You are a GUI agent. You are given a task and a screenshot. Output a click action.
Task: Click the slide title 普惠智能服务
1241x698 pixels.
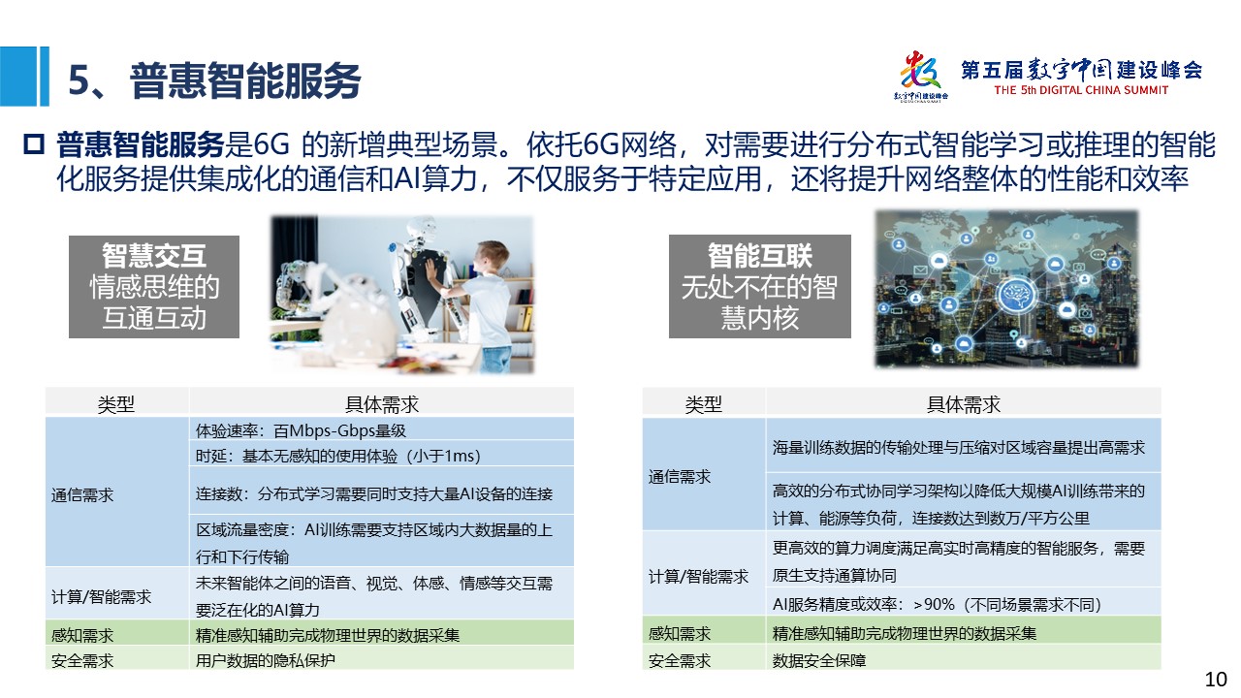click(245, 80)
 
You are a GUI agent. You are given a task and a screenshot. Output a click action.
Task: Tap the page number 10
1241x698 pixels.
click(1216, 680)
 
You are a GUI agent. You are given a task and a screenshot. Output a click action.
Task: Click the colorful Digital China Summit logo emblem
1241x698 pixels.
click(920, 72)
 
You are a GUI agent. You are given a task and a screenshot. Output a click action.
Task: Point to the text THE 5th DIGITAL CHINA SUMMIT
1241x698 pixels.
click(1081, 90)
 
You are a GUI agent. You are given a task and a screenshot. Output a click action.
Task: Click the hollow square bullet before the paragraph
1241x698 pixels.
click(34, 144)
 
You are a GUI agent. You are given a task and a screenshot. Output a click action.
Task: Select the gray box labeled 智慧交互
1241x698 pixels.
click(154, 286)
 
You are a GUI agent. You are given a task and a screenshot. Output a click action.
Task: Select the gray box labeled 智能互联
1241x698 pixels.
click(759, 286)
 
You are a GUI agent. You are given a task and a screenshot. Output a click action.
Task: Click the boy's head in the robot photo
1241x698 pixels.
click(492, 257)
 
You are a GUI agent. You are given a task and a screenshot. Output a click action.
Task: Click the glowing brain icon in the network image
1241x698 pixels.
click(1017, 294)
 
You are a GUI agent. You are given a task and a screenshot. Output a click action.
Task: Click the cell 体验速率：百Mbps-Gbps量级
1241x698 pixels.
click(301, 430)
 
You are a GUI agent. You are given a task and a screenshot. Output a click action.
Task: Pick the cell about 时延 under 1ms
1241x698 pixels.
click(338, 456)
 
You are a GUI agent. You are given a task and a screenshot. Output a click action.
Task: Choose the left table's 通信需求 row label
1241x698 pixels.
click(82, 494)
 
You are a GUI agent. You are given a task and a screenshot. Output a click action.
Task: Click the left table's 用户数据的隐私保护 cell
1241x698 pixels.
click(266, 660)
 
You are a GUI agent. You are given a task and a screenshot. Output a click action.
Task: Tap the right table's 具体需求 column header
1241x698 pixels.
click(964, 404)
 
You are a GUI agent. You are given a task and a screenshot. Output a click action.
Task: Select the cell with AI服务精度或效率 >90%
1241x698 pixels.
click(937, 604)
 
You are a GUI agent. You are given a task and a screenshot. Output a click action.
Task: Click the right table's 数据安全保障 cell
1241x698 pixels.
click(819, 660)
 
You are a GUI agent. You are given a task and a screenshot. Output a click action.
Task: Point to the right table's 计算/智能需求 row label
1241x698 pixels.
click(698, 577)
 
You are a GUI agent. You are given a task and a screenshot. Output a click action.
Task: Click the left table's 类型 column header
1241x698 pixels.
click(115, 404)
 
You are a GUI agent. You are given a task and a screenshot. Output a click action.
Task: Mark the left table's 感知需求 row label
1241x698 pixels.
click(82, 635)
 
